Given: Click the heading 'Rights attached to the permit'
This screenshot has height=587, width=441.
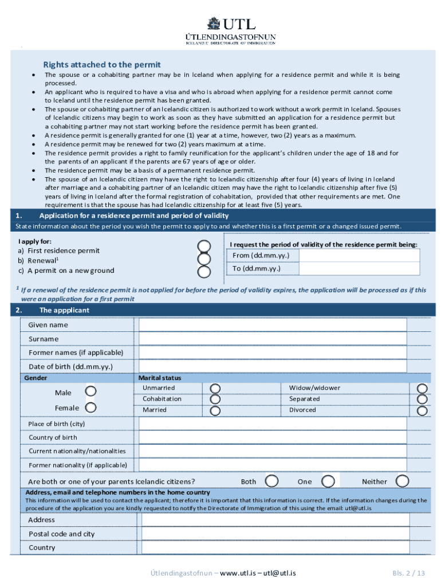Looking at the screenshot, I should [102, 65].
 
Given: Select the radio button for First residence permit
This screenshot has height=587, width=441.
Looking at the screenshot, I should [204, 246].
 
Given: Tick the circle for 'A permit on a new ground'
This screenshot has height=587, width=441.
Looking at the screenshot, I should [204, 272].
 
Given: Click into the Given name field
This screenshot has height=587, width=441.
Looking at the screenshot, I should [273, 325].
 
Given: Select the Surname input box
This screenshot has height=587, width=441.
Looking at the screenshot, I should [273, 339].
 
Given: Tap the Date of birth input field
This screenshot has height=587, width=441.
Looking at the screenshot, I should [273, 366].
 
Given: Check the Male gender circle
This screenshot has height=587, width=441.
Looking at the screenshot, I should [90, 392].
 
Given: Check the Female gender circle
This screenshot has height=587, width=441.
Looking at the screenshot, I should [90, 408].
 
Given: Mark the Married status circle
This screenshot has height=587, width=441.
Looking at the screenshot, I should [215, 410].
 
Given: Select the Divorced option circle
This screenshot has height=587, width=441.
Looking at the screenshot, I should [422, 410].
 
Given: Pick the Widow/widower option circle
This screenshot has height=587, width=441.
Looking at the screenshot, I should [422, 389].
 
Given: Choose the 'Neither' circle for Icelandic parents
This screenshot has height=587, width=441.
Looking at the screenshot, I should [403, 481].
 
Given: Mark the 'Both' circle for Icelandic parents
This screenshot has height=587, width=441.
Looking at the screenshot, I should [272, 481].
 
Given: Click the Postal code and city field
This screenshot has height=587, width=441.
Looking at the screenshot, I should [275, 534].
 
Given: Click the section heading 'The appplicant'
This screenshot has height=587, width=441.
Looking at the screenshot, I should [64, 310].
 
